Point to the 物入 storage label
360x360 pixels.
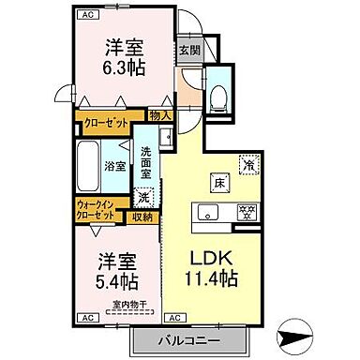160,115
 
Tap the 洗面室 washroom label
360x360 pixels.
148,161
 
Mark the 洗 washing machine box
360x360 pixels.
144,197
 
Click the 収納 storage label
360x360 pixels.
143,217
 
